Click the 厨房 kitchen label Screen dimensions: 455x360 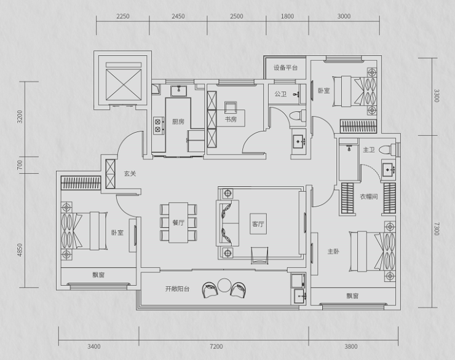pos(178,122)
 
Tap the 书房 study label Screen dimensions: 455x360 pos(231,119)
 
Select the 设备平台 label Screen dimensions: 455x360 pos(285,68)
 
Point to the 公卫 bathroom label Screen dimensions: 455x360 pos(280,94)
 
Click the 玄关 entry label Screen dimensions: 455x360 pos(130,174)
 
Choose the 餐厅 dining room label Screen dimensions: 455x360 pos(178,222)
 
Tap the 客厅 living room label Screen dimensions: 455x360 pos(258,224)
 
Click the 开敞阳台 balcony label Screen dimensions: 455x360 pos(177,289)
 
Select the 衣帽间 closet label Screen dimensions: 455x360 pos(369,197)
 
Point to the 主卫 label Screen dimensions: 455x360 pos(369,150)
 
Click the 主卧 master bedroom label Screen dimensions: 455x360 pos(333,251)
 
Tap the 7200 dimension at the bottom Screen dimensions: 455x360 pos(216,346)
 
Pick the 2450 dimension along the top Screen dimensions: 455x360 pos(178,16)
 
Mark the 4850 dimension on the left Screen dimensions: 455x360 pos(20,249)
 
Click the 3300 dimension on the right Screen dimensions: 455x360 pos(437,96)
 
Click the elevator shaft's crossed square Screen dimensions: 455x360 pos(124,84)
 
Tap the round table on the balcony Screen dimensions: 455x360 pos(224,285)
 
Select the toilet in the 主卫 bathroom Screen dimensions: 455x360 pos(387,149)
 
